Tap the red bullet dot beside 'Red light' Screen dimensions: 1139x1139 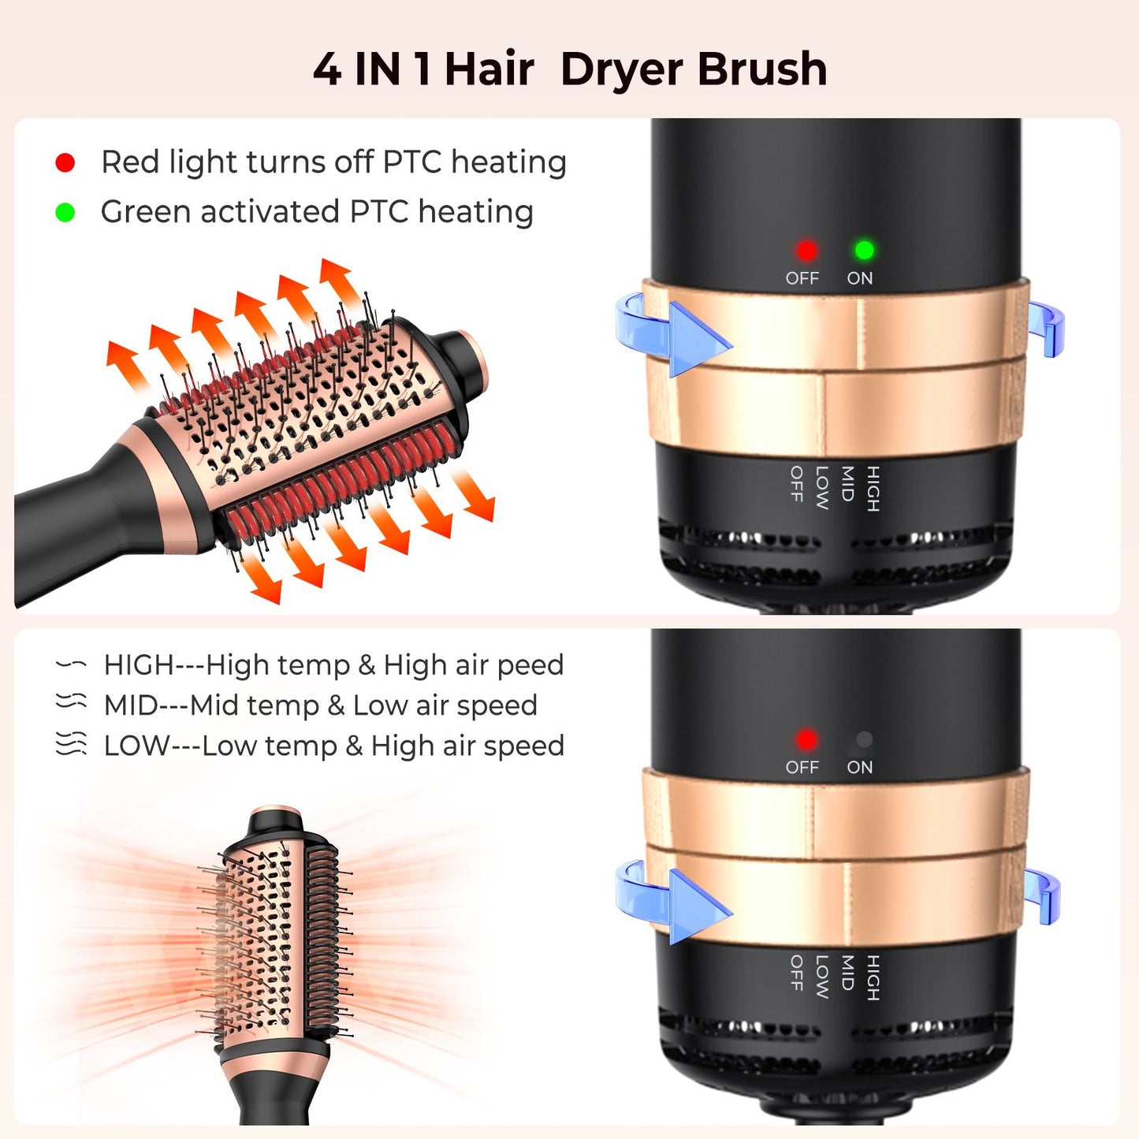(65, 163)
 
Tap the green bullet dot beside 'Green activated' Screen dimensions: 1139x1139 (65, 213)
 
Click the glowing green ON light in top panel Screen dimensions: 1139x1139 (864, 251)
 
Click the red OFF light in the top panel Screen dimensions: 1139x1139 (806, 251)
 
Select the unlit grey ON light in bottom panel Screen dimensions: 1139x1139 (864, 739)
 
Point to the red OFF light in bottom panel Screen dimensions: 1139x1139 (806, 739)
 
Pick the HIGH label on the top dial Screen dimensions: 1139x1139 (873, 488)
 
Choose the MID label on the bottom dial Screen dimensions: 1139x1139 (847, 973)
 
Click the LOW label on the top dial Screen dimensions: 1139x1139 (821, 487)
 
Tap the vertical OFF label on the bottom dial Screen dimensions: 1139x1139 (796, 973)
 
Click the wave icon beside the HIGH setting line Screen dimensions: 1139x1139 (71, 665)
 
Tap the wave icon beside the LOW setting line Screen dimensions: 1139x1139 (71, 744)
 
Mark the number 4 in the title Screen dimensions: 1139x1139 (326, 69)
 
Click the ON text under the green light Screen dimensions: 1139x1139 (859, 278)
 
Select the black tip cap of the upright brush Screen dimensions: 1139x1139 (276, 823)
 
